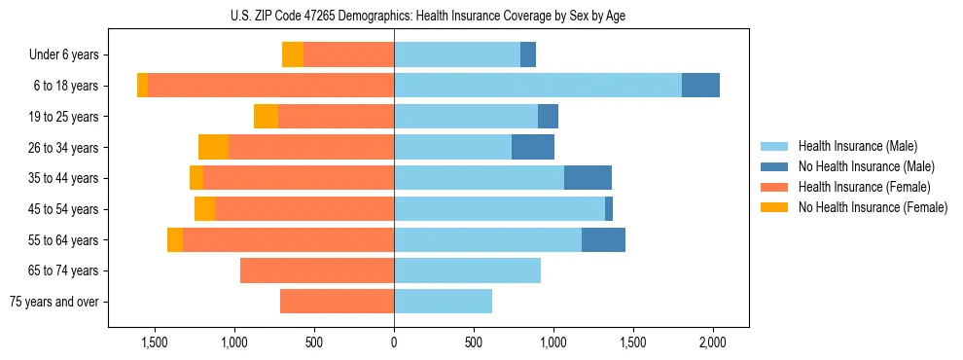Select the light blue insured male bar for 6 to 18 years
pos(538,86)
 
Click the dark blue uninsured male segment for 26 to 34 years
pos(533,147)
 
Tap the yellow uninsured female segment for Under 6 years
pos(293,54)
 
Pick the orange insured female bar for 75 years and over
pos(337,302)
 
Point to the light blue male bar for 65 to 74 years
pos(467,270)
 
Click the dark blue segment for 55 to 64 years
pos(603,239)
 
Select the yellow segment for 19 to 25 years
pos(266,117)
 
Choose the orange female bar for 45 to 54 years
pos(304,208)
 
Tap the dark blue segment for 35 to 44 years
pos(588,178)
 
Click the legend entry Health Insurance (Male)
pos(857,146)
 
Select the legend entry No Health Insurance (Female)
pos(873,207)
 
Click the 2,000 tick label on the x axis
pos(713,342)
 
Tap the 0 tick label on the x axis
pos(394,342)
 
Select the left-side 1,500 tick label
pos(155,342)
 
